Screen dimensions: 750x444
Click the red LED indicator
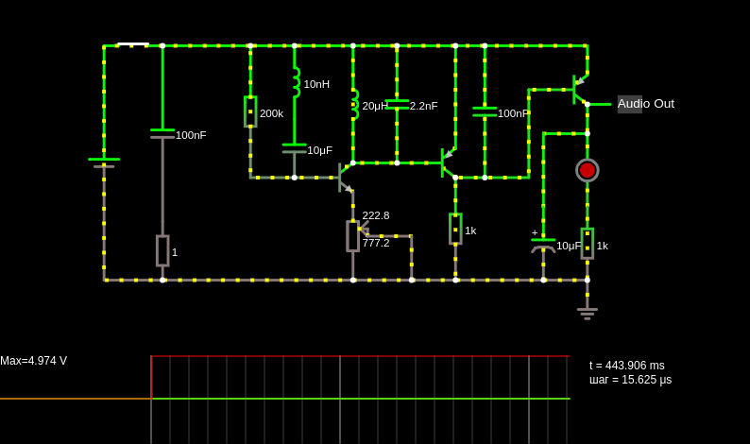588,170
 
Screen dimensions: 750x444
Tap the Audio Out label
646,104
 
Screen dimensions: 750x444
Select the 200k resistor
250,112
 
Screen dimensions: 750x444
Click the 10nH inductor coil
297,83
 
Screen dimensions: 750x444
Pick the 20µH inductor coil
355,104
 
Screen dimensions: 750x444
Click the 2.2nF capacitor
397,104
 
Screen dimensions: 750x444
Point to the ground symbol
588,314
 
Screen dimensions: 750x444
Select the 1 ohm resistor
162,250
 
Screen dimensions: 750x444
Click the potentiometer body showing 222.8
353,236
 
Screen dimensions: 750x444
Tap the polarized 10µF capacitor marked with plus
543,245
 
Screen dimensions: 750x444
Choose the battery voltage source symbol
104,162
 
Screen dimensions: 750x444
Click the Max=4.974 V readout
33,361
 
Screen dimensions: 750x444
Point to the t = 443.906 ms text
626,366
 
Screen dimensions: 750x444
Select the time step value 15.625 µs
647,380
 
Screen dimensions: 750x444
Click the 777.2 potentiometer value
376,243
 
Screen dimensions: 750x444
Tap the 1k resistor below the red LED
588,244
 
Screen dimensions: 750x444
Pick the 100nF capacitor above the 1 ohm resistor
162,133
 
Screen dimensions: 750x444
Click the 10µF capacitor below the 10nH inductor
294,148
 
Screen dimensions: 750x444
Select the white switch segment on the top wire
133,44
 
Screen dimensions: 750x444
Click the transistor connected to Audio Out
580,90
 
